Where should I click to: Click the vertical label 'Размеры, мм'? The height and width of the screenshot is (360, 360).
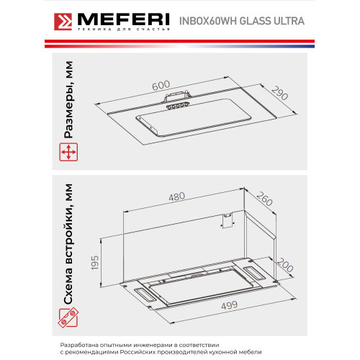click(68, 104)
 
